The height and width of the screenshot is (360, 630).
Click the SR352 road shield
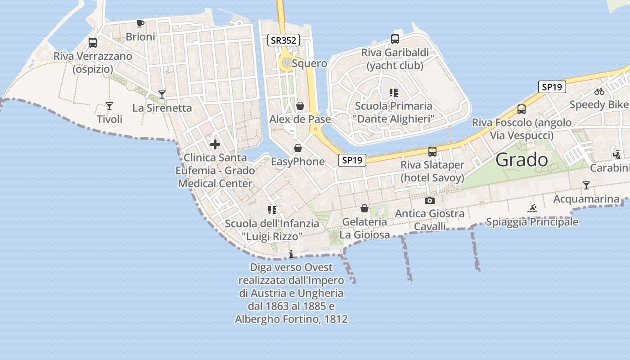283,40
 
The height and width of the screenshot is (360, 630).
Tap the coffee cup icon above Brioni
140,23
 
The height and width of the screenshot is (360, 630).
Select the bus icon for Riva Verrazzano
93,43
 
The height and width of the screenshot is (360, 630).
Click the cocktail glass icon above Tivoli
109,106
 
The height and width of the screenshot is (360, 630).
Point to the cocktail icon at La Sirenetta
162,94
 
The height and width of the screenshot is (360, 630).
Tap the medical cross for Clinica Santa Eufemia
215,144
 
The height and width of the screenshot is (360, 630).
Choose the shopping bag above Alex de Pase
300,106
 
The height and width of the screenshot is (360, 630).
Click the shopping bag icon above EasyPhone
298,148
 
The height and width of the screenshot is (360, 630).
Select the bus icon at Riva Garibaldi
395,39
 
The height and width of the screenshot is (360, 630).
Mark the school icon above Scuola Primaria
394,93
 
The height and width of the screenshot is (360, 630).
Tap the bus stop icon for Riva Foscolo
522,109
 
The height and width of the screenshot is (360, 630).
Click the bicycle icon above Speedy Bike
599,91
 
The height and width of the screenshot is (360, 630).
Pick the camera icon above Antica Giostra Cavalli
430,200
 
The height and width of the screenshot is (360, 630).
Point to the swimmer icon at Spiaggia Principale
533,208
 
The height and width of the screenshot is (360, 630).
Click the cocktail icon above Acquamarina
586,185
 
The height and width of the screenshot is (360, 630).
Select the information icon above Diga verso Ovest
291,254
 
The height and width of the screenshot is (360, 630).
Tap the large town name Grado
522,160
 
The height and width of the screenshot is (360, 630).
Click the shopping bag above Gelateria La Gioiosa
364,208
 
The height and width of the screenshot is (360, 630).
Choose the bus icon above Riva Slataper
432,152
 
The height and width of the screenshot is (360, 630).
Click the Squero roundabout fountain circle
287,63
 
